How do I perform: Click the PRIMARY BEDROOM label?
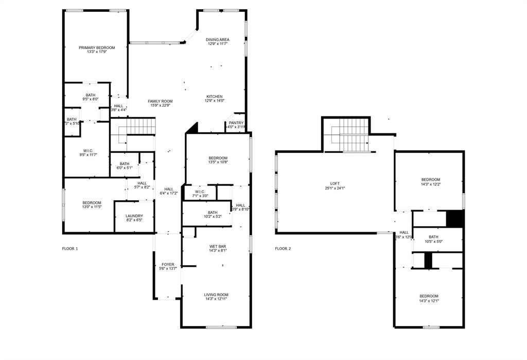pyautogui.click(x=97, y=47)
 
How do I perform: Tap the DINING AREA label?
pyautogui.click(x=217, y=40)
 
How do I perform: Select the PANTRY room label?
pyautogui.click(x=236, y=123)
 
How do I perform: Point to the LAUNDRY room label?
pyautogui.click(x=134, y=216)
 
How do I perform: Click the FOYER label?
pyautogui.click(x=168, y=264)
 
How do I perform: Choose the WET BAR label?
pyautogui.click(x=217, y=247)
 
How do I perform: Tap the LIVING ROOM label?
pyautogui.click(x=216, y=295)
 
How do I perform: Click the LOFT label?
pyautogui.click(x=335, y=184)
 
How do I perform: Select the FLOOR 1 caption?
pyautogui.click(x=70, y=248)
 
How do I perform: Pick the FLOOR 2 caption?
pyautogui.click(x=283, y=248)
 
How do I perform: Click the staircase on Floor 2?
pyautogui.click(x=349, y=135)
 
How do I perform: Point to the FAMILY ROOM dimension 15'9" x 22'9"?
pyautogui.click(x=160, y=106)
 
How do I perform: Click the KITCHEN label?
pyautogui.click(x=215, y=97)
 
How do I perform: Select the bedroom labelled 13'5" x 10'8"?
pyautogui.click(x=218, y=158)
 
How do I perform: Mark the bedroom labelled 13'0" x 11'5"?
pyautogui.click(x=92, y=203)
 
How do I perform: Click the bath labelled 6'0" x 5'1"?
pyautogui.click(x=124, y=164)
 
